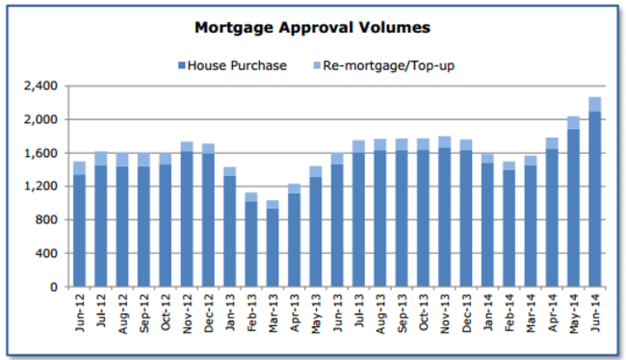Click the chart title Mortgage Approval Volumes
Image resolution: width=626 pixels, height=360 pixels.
coord(312,27)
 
